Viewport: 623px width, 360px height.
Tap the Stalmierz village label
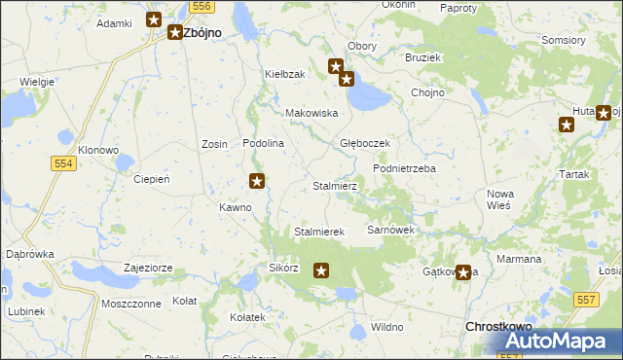[335, 185]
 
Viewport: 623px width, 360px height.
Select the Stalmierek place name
[319, 232]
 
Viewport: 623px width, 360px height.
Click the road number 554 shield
[63, 164]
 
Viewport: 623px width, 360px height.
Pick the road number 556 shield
[202, 6]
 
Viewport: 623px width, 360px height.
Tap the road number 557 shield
[585, 301]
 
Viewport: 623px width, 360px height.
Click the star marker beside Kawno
[257, 180]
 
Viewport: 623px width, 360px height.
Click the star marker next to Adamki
[154, 18]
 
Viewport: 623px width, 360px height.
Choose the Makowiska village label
[311, 113]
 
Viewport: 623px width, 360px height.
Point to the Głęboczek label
[364, 143]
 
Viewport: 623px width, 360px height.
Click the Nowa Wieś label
[500, 199]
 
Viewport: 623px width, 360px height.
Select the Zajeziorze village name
[148, 268]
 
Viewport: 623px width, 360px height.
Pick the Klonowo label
[98, 151]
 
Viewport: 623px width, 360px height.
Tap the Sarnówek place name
[390, 230]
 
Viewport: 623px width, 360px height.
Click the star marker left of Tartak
[567, 124]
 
